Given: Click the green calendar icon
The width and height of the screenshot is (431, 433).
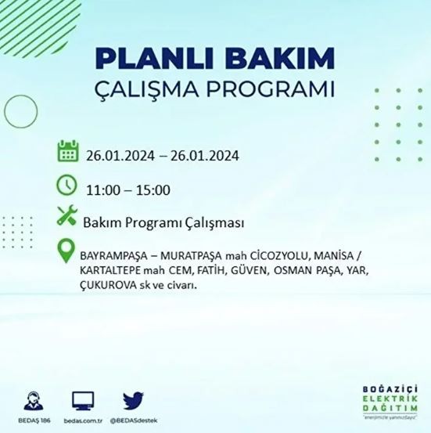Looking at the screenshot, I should [67, 152].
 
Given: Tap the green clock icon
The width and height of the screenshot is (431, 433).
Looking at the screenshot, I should [67, 186].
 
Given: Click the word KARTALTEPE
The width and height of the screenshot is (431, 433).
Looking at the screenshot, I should [111, 271].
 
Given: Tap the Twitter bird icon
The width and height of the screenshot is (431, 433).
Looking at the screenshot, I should [135, 401].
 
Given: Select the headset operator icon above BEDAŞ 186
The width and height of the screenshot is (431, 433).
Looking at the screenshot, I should [34, 400].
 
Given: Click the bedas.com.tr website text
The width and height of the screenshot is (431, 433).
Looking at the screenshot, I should [84, 420].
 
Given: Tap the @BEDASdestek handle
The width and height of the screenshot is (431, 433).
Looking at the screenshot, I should [134, 420].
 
